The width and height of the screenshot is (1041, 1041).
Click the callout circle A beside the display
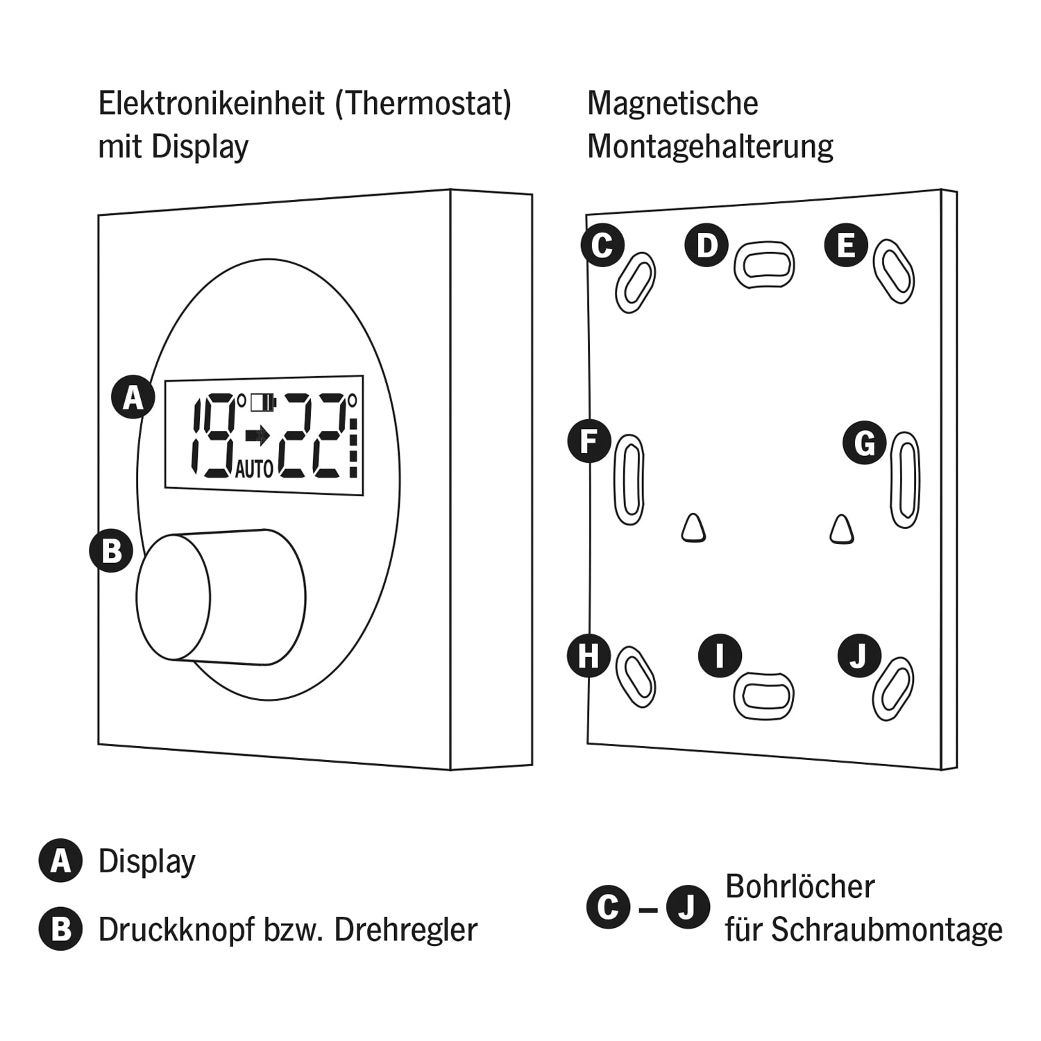[133, 398]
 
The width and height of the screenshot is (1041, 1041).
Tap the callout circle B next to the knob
[111, 551]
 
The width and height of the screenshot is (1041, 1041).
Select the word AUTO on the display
[254, 470]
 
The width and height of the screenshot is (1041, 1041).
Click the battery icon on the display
[263, 402]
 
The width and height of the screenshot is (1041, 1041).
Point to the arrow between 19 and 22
[257, 436]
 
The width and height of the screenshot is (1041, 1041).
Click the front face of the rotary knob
[173, 598]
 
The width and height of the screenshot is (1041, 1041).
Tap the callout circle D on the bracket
[706, 245]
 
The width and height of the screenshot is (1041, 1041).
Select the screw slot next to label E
[893, 271]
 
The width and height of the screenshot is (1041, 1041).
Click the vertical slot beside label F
[629, 479]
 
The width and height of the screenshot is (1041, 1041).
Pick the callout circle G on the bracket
[864, 443]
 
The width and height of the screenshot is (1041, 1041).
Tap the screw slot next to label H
[636, 677]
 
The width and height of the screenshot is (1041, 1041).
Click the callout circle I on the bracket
[720, 656]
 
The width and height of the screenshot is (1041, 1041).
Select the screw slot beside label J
[893, 688]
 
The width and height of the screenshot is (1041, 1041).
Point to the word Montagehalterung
[710, 146]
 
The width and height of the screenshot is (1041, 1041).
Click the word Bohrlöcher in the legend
[799, 886]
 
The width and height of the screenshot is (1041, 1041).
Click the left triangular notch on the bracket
[693, 529]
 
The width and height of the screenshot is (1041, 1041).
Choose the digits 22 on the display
[313, 436]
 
